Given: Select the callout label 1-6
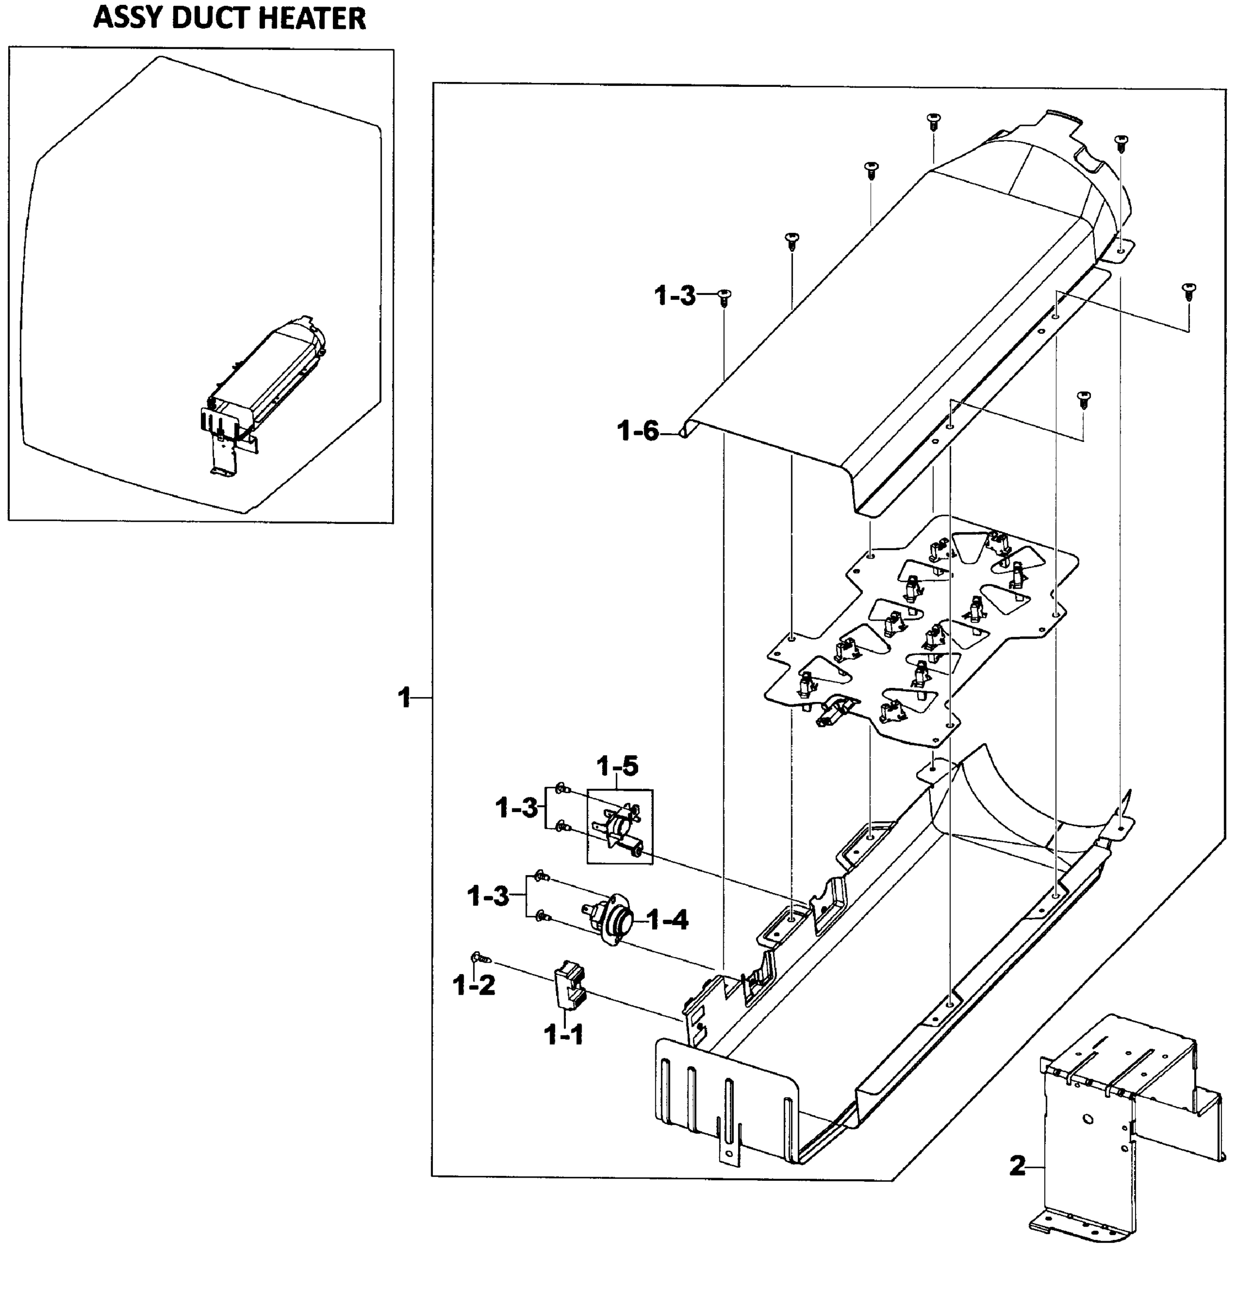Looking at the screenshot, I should click(637, 432).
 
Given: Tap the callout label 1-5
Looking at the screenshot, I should click(617, 766).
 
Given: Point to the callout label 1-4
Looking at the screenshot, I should click(667, 920).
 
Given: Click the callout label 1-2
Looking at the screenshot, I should click(474, 985).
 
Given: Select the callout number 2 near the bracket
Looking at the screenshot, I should click(1018, 1167).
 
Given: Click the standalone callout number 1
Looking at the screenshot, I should click(405, 698).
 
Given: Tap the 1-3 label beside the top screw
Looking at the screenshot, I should click(674, 296).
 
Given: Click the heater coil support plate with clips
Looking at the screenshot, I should click(923, 632).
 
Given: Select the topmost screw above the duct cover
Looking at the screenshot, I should click(933, 121).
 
